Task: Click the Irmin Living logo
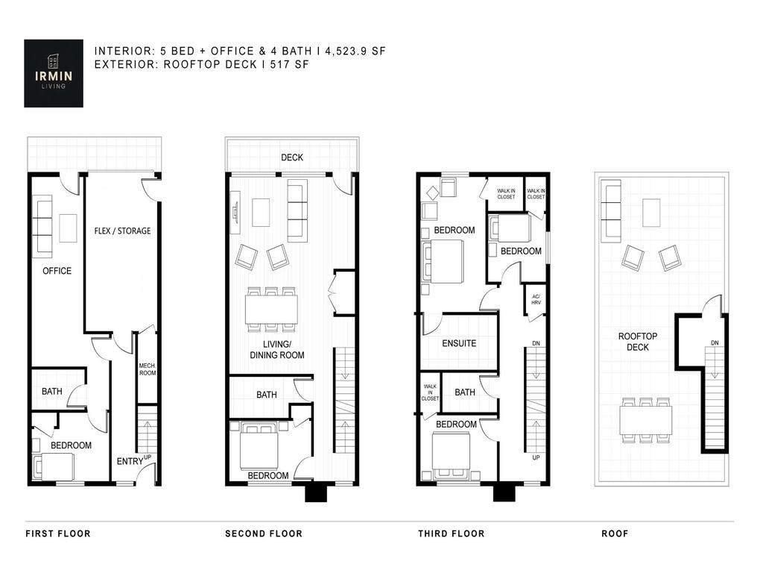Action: coord(54,73)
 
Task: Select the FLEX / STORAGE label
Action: coord(122,231)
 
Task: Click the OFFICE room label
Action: coord(57,271)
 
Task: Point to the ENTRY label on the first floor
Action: coord(130,462)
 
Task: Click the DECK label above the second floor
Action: coord(291,157)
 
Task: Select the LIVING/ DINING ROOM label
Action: coord(276,350)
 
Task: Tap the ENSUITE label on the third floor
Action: coord(459,344)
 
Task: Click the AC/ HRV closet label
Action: coord(535,299)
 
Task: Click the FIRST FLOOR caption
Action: coord(58,533)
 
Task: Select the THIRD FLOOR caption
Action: coord(451,533)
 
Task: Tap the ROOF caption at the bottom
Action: coord(615,533)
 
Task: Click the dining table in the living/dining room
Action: coord(271,309)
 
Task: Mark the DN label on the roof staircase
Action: coord(715,342)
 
